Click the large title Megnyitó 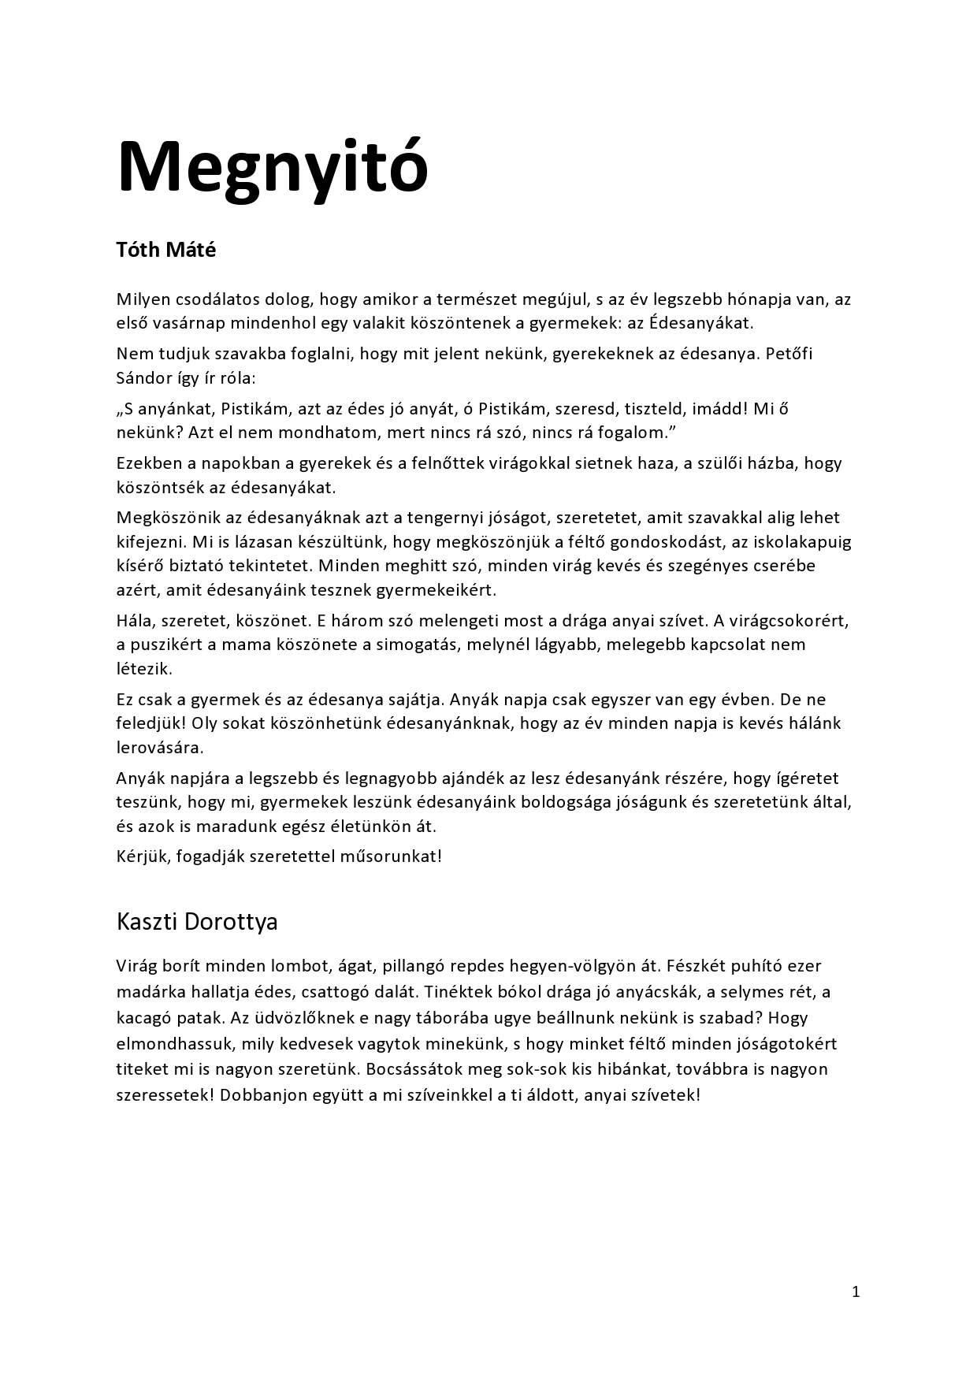[273, 166]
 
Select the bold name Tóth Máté [165, 250]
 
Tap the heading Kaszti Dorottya [197, 921]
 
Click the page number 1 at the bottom [856, 1291]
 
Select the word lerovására [159, 747]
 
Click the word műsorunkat [388, 856]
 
